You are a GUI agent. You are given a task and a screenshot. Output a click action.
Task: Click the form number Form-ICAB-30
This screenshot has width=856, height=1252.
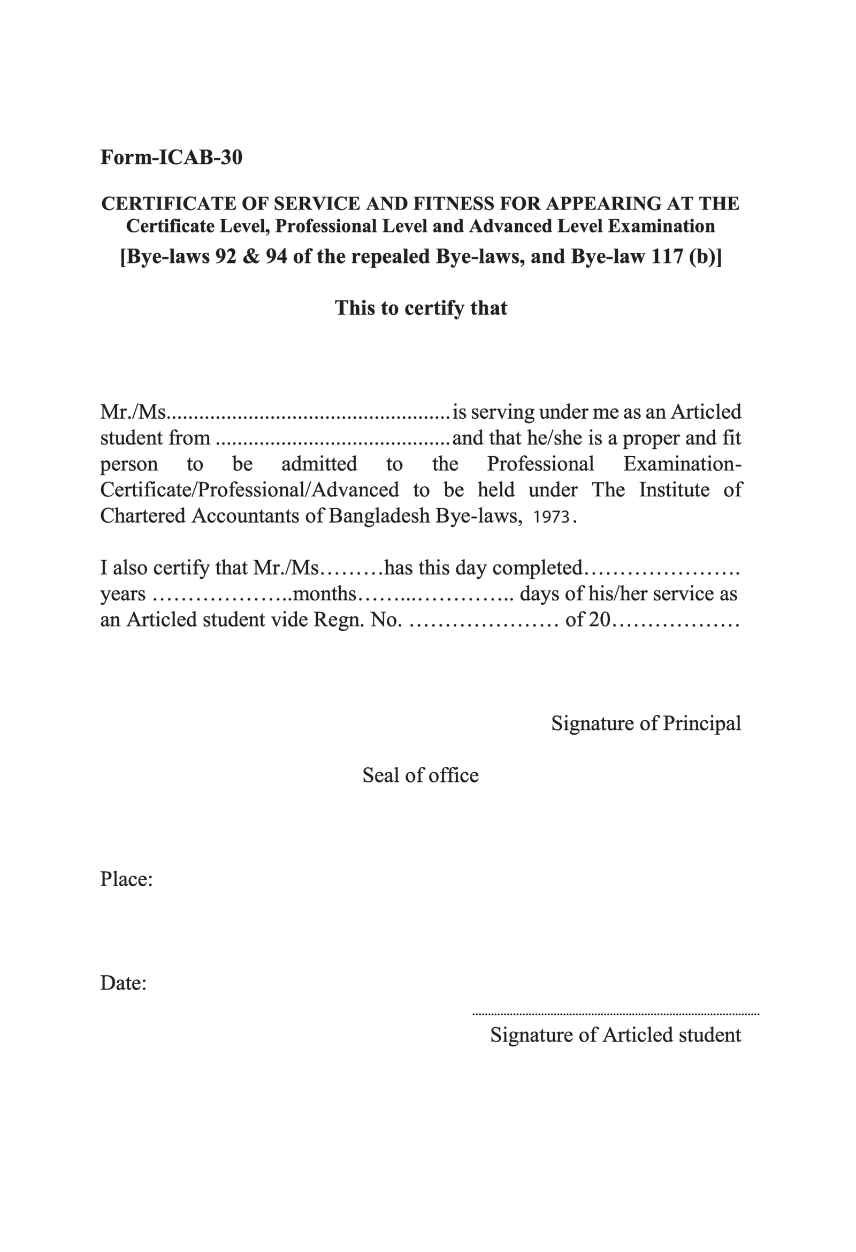coord(171,157)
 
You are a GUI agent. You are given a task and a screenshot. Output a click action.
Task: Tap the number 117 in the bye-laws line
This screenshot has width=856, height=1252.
coord(668,257)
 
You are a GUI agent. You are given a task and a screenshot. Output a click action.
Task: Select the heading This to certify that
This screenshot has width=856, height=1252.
coord(421,308)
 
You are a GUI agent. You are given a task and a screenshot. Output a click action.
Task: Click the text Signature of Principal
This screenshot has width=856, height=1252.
coord(646,723)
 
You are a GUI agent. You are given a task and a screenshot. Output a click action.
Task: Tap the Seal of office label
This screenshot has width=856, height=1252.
coord(421,776)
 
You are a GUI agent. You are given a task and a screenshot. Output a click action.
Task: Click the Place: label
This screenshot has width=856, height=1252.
coord(126,880)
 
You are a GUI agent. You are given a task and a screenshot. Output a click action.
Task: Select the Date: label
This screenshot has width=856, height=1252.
coord(123,983)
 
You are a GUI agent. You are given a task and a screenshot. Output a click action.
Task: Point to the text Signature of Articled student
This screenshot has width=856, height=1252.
coord(615,1035)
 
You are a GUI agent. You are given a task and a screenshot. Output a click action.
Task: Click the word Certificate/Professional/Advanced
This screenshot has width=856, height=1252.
coord(249,490)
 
